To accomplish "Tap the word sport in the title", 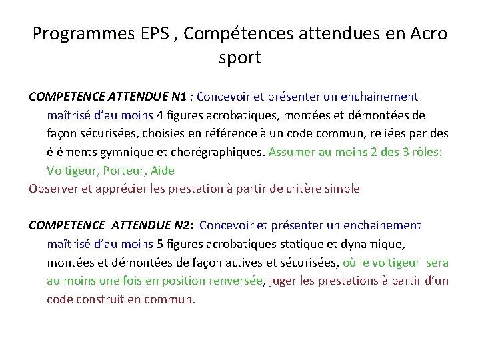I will (240, 58).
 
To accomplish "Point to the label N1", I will (178, 97).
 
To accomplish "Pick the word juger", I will (284, 281).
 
